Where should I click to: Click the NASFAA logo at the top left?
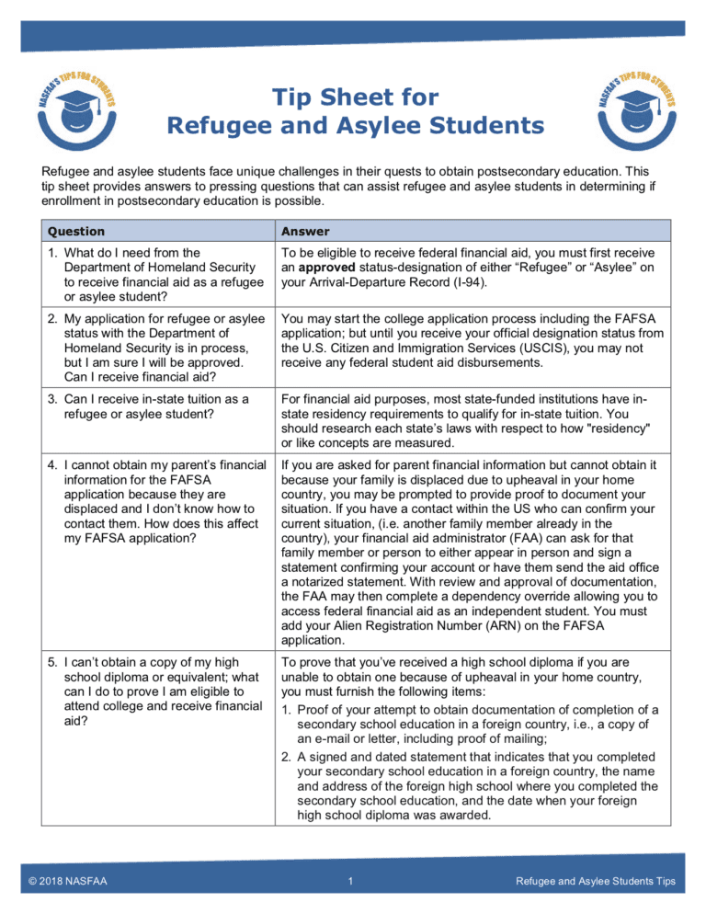76,112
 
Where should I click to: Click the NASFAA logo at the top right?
631,110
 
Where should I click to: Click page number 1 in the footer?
353,882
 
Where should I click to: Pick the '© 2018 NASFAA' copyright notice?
65,882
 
